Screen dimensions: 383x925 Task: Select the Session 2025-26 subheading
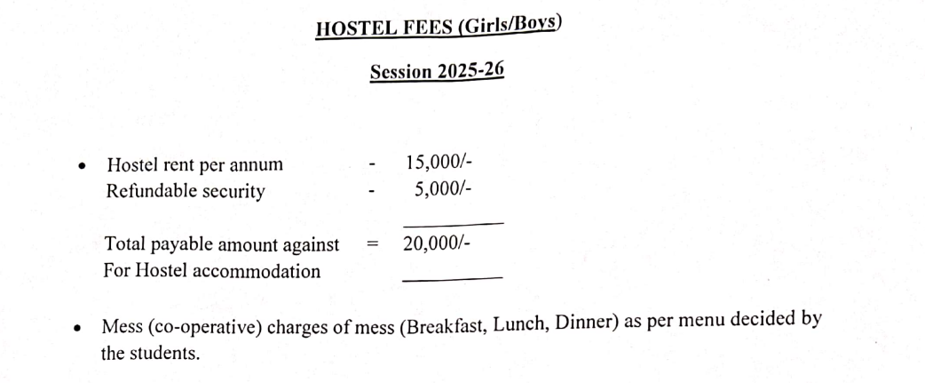[437, 71]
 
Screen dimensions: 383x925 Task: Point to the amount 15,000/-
[438, 163]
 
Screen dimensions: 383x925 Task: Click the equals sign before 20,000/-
[374, 244]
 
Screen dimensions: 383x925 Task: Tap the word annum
[257, 164]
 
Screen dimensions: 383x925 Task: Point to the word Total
[124, 244]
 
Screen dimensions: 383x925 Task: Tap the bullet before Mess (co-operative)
[78, 328]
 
